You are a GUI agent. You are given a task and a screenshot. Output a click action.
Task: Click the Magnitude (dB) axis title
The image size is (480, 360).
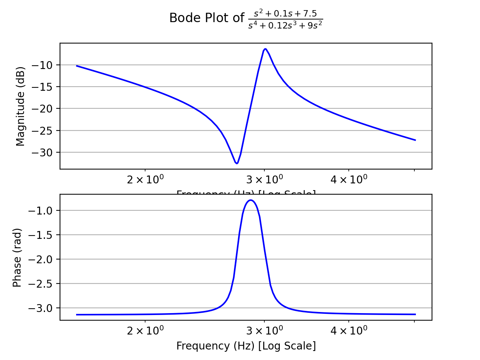pyautogui.click(x=20, y=106)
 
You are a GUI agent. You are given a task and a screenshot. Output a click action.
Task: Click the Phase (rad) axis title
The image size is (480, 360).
pyautogui.click(x=17, y=258)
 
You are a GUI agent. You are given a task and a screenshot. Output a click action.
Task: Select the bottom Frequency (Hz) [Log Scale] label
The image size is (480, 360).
pyautogui.click(x=246, y=346)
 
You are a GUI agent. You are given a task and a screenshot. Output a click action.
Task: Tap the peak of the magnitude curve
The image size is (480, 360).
pyautogui.click(x=265, y=49)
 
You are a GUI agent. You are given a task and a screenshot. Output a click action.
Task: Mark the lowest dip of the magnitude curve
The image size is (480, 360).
pyautogui.click(x=237, y=163)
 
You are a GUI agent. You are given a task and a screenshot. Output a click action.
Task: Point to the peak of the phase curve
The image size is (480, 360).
pyautogui.click(x=250, y=200)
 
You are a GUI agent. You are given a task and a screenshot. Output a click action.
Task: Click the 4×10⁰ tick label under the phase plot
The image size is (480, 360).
pyautogui.click(x=349, y=331)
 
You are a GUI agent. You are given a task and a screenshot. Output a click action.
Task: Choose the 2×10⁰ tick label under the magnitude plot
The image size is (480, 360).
pyautogui.click(x=145, y=180)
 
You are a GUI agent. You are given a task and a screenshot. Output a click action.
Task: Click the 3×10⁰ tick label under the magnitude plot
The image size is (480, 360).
pyautogui.click(x=264, y=180)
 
